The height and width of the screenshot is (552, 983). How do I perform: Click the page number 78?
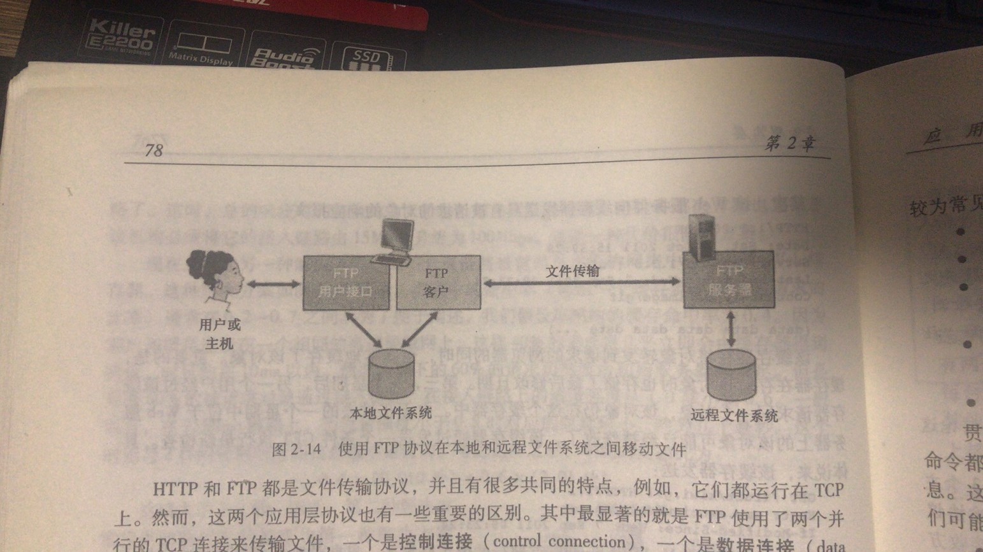click(x=154, y=150)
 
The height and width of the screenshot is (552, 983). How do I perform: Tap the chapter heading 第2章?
click(x=789, y=143)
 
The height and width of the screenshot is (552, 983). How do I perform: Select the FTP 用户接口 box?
click(x=346, y=283)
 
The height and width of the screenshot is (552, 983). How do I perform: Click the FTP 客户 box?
click(x=438, y=283)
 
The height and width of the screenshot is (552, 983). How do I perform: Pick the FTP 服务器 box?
click(x=729, y=280)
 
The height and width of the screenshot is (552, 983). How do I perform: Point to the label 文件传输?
click(x=572, y=271)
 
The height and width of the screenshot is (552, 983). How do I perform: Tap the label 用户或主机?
click(x=220, y=334)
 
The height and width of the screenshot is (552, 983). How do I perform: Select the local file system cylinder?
click(x=391, y=374)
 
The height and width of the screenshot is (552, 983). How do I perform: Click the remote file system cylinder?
click(x=731, y=375)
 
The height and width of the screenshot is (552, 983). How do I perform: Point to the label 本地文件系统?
click(x=391, y=413)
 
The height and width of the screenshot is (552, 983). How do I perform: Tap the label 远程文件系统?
click(x=734, y=416)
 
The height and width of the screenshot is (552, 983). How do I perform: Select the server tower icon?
click(x=703, y=237)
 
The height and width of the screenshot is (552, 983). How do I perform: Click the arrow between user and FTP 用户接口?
click(x=273, y=284)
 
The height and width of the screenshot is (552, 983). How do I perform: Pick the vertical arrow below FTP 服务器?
click(x=731, y=329)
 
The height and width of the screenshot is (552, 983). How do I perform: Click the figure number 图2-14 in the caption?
click(x=296, y=449)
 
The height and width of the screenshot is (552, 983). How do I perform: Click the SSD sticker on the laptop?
click(x=367, y=59)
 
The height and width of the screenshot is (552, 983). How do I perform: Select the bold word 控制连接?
click(x=436, y=542)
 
